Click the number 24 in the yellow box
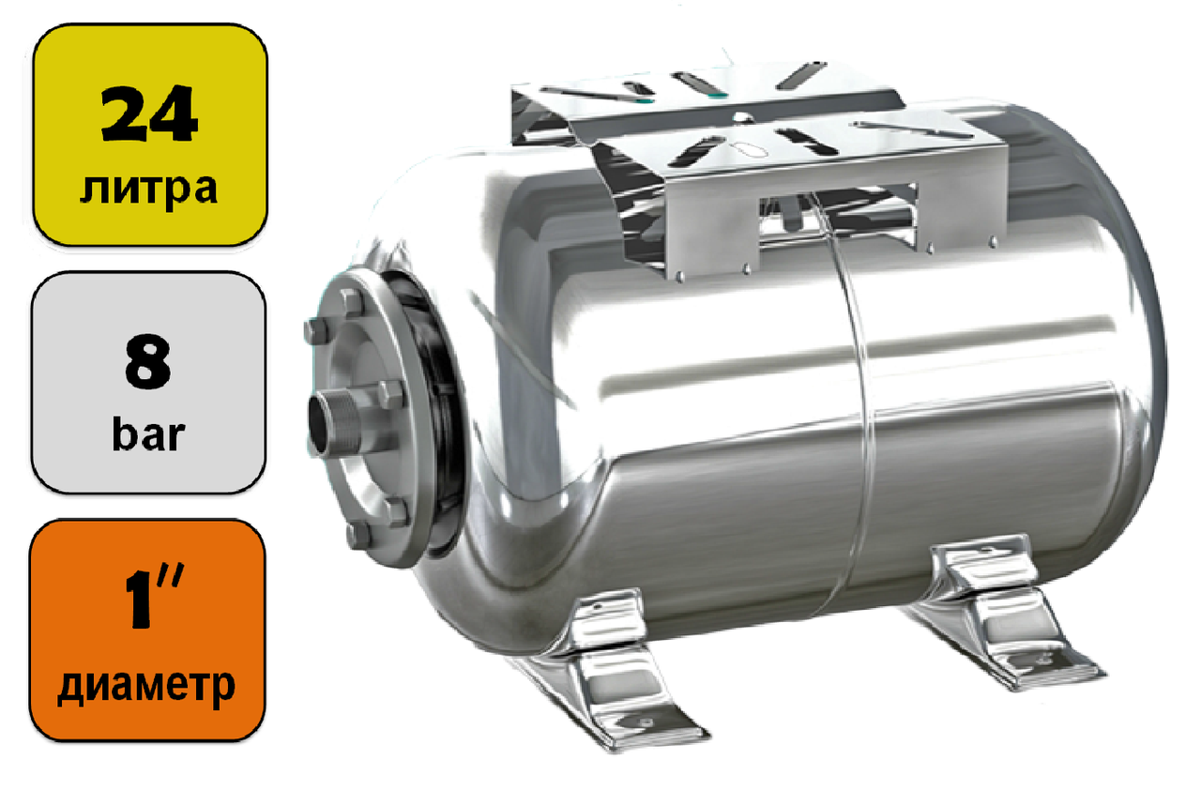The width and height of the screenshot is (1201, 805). (x=149, y=114)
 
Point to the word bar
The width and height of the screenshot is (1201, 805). (x=149, y=434)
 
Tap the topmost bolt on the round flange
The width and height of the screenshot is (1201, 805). (x=351, y=302)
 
